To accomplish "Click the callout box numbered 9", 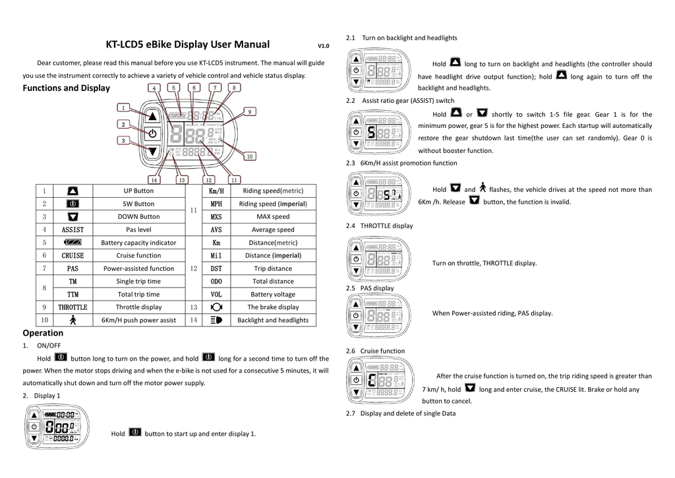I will [250, 111].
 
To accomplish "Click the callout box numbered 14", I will [154, 179].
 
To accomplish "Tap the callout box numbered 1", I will [123, 107].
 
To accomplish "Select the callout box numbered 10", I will [250, 156].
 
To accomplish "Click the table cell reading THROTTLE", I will [73, 307].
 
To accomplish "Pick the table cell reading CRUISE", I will [73, 255].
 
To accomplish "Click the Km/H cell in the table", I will [216, 191].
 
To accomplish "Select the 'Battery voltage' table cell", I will [273, 294].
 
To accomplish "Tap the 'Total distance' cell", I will [273, 282].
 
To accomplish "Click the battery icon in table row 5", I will [73, 243].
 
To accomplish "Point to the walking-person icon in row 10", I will [73, 320].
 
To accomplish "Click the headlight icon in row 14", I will [216, 320].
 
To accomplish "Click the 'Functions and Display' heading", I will [67, 88].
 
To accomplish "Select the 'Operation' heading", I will [43, 333].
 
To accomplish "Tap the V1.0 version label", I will [323, 46].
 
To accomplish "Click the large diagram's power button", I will [152, 133].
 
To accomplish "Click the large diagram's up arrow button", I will [152, 116].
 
